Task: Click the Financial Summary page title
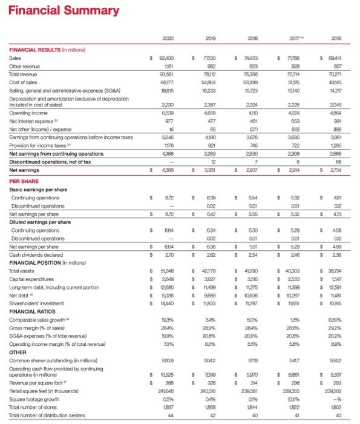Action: coord(41,7)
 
